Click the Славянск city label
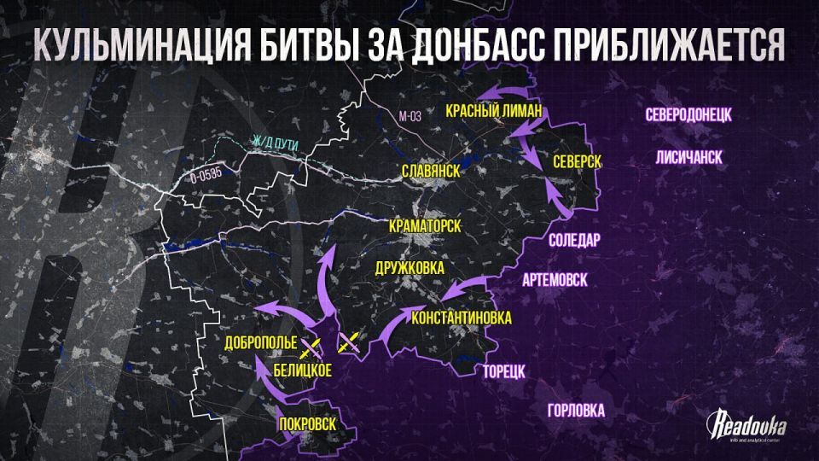431,171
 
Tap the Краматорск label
424,226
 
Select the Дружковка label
410,268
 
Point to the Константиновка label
462,318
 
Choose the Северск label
578,161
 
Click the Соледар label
574,239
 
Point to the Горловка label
576,411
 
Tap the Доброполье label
260,344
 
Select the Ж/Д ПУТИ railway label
275,143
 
